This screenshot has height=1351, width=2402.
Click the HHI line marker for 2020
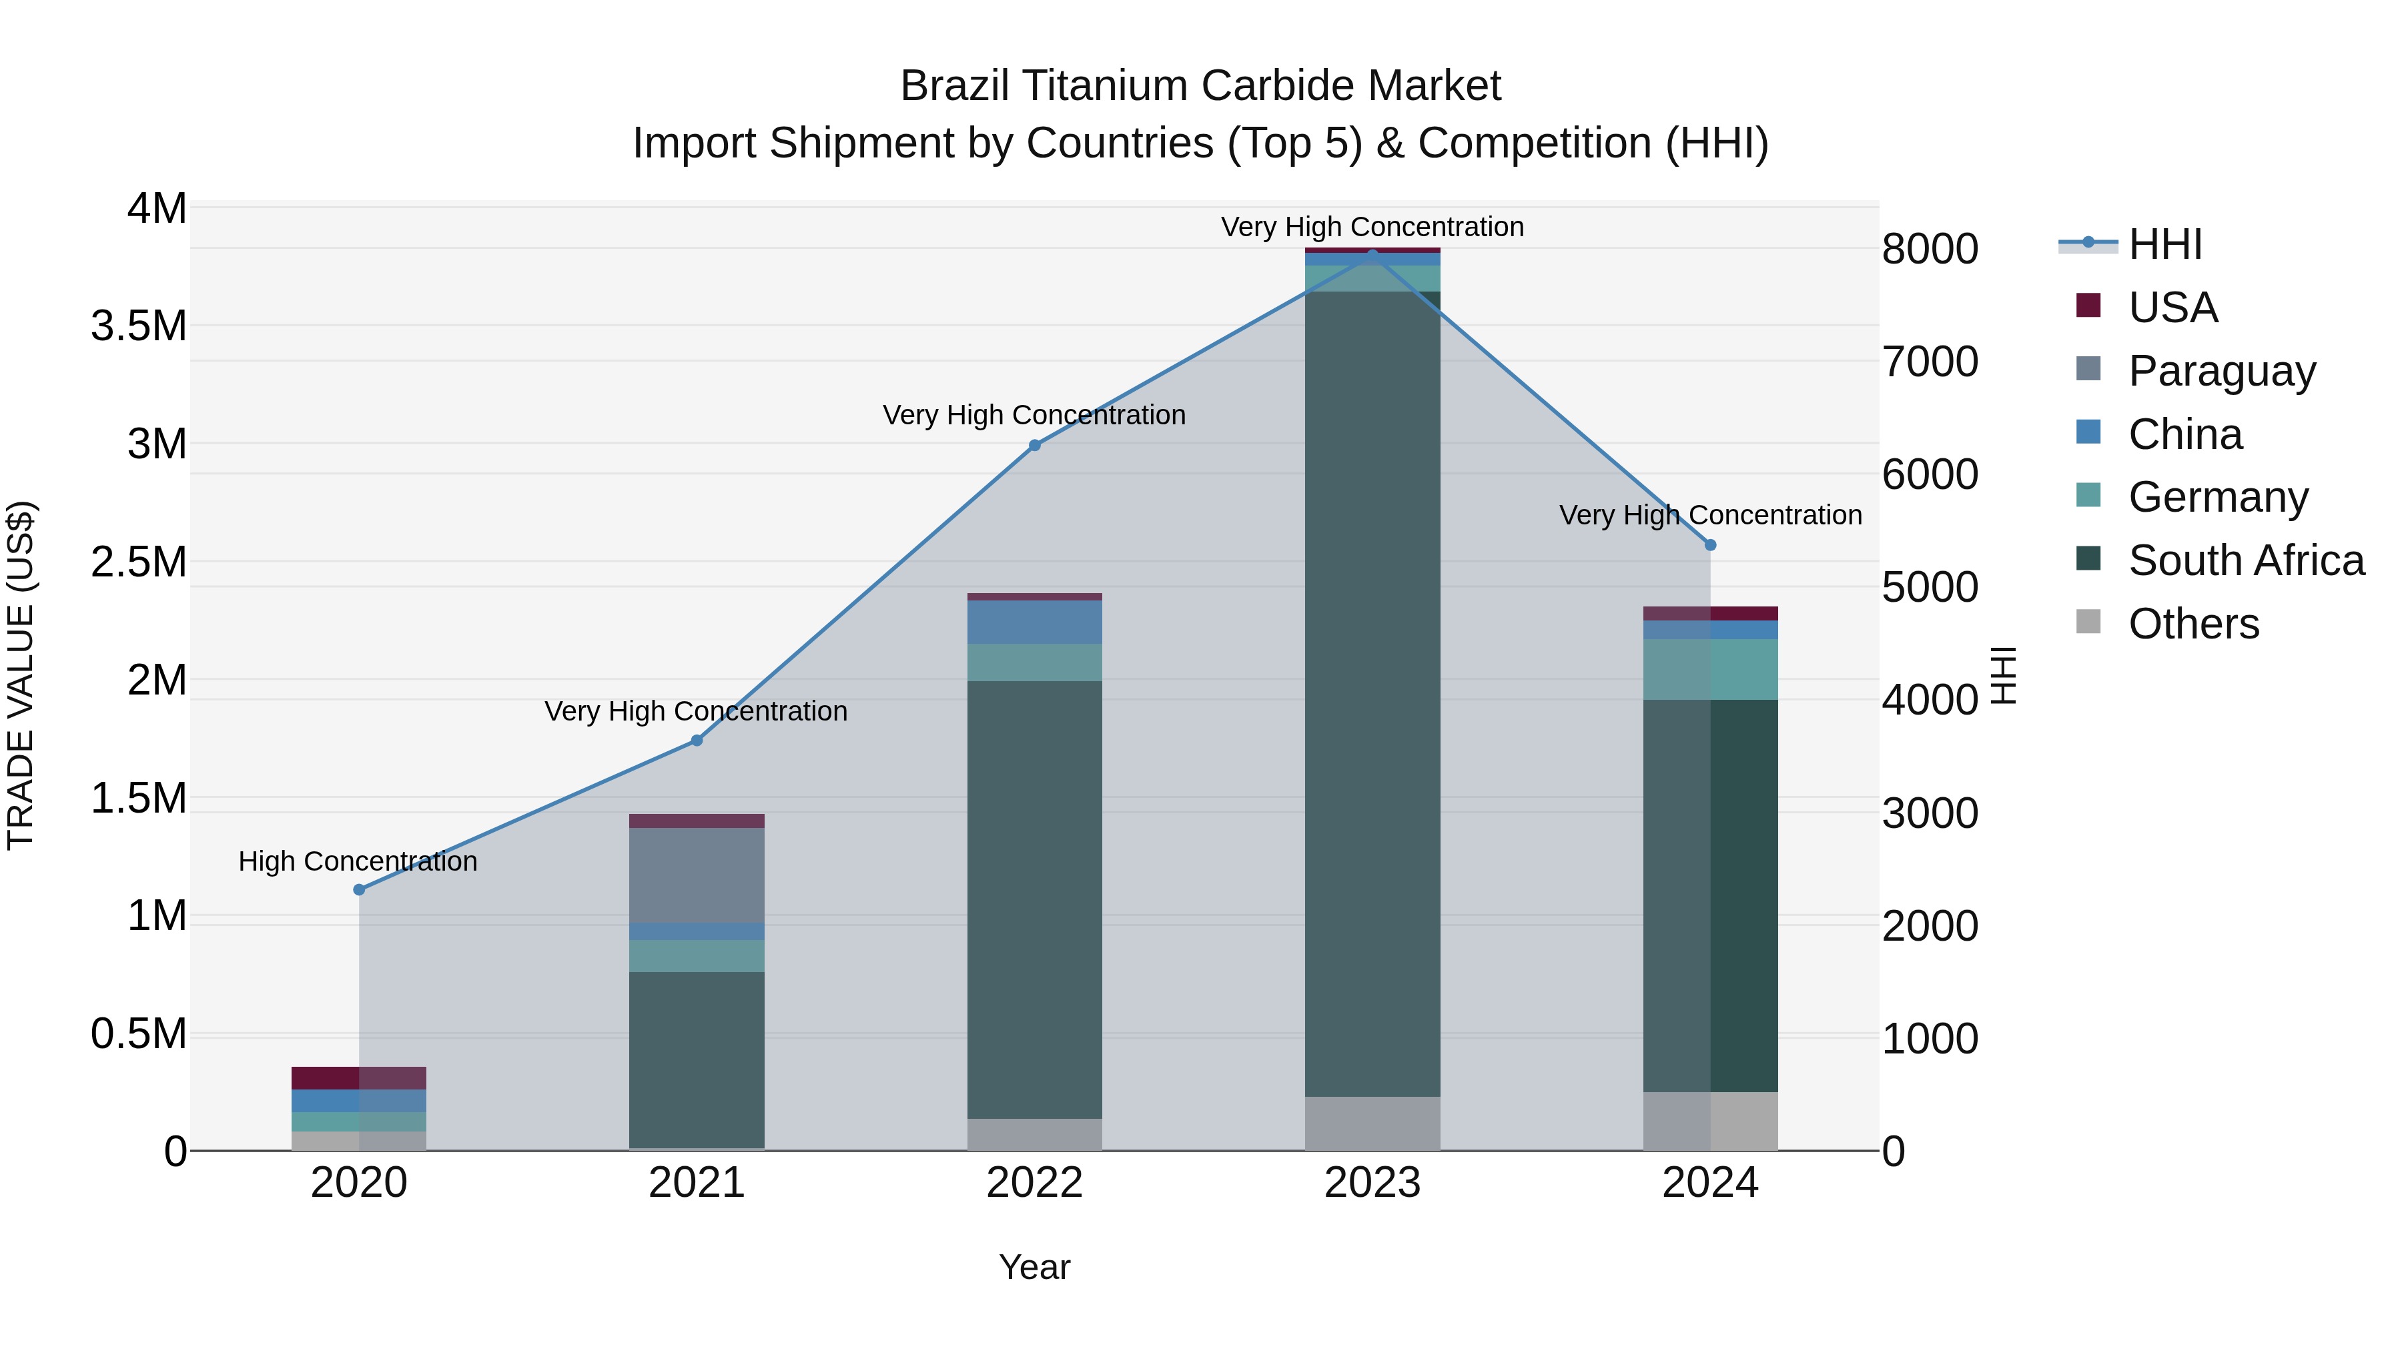pos(359,889)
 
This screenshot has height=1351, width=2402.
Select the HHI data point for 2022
pos(1034,446)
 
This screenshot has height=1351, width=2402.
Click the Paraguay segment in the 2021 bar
pos(697,875)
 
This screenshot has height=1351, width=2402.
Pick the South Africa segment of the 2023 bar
pos(1372,694)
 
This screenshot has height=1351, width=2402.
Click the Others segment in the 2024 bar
pos(1710,1121)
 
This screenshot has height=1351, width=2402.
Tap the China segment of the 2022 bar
pos(1034,622)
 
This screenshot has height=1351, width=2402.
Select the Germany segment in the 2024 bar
pos(1710,669)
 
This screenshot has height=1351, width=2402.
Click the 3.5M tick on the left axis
pos(138,326)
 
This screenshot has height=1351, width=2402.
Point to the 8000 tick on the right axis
pos(1929,249)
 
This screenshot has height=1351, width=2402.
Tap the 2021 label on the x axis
pos(697,1183)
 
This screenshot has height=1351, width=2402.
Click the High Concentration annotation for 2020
pos(358,861)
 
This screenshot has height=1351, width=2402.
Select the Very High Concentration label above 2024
pos(1710,514)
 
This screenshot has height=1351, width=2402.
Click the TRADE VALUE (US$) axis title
pos(21,675)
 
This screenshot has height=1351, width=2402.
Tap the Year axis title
pos(1034,1267)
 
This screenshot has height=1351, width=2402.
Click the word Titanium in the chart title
pos(1105,86)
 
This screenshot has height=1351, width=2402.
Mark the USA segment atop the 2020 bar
pos(359,1078)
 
